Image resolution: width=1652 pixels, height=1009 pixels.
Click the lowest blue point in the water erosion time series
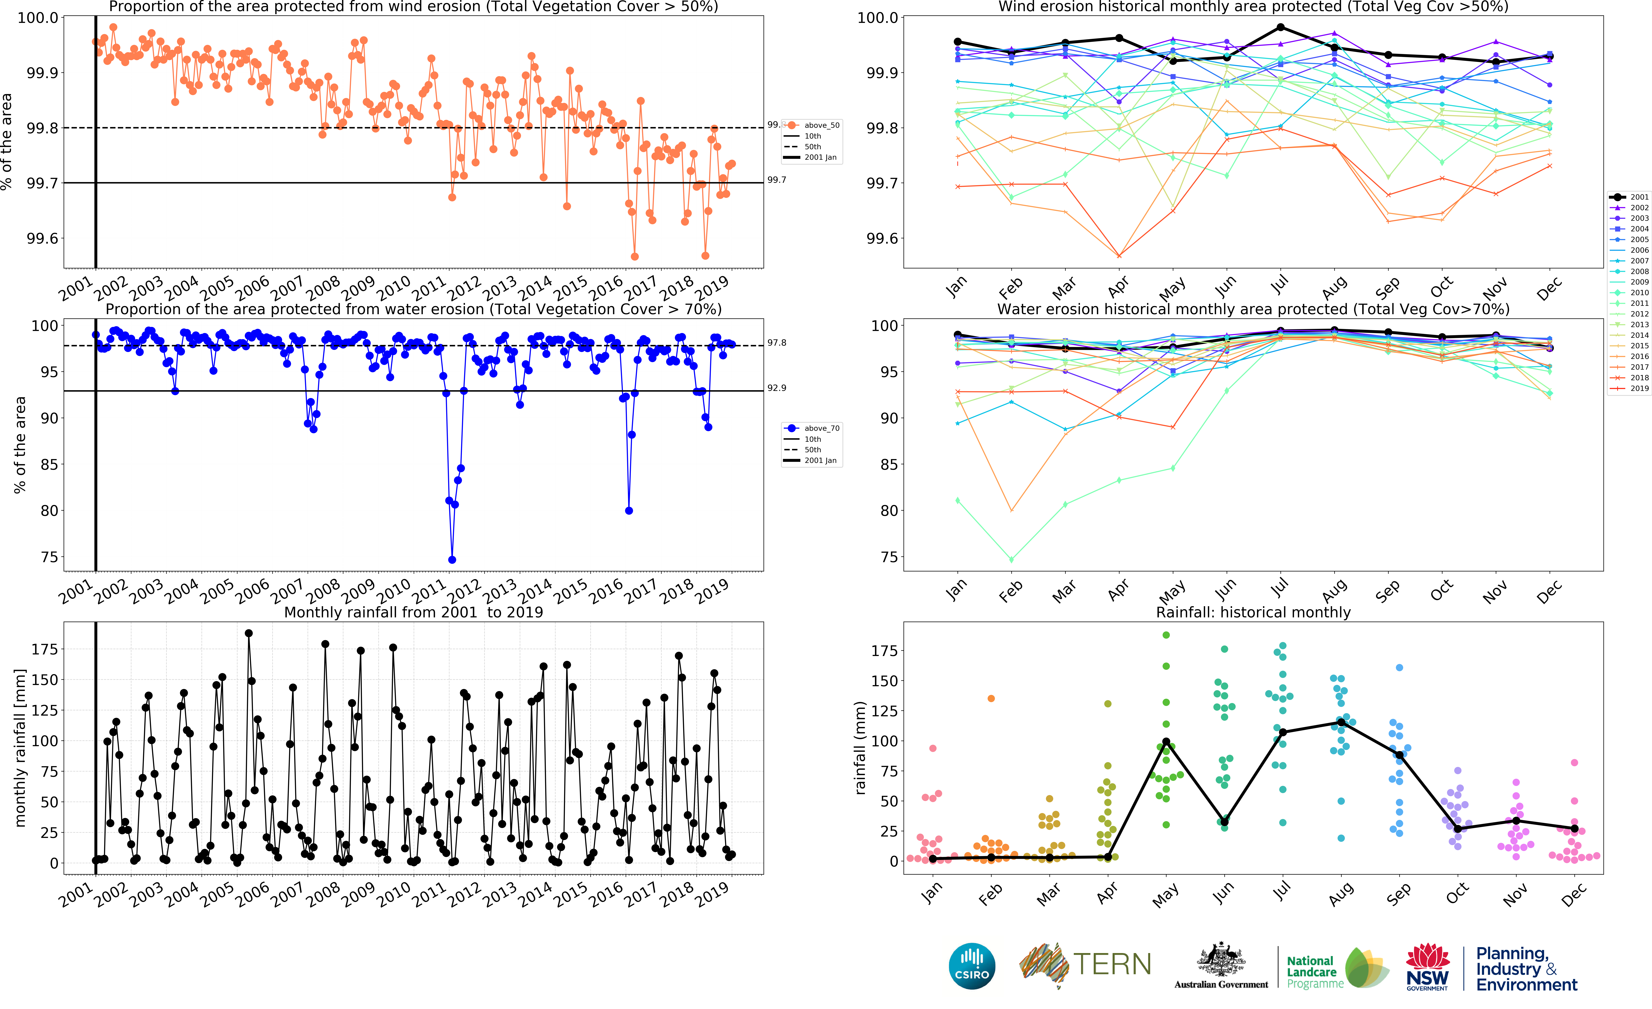point(452,560)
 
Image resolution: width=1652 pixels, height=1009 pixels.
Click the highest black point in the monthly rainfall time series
point(249,633)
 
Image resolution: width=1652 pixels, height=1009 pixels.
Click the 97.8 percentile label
point(776,343)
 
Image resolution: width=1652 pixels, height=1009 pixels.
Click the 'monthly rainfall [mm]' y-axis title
point(20,748)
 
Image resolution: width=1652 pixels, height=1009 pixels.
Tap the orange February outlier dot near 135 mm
point(991,699)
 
